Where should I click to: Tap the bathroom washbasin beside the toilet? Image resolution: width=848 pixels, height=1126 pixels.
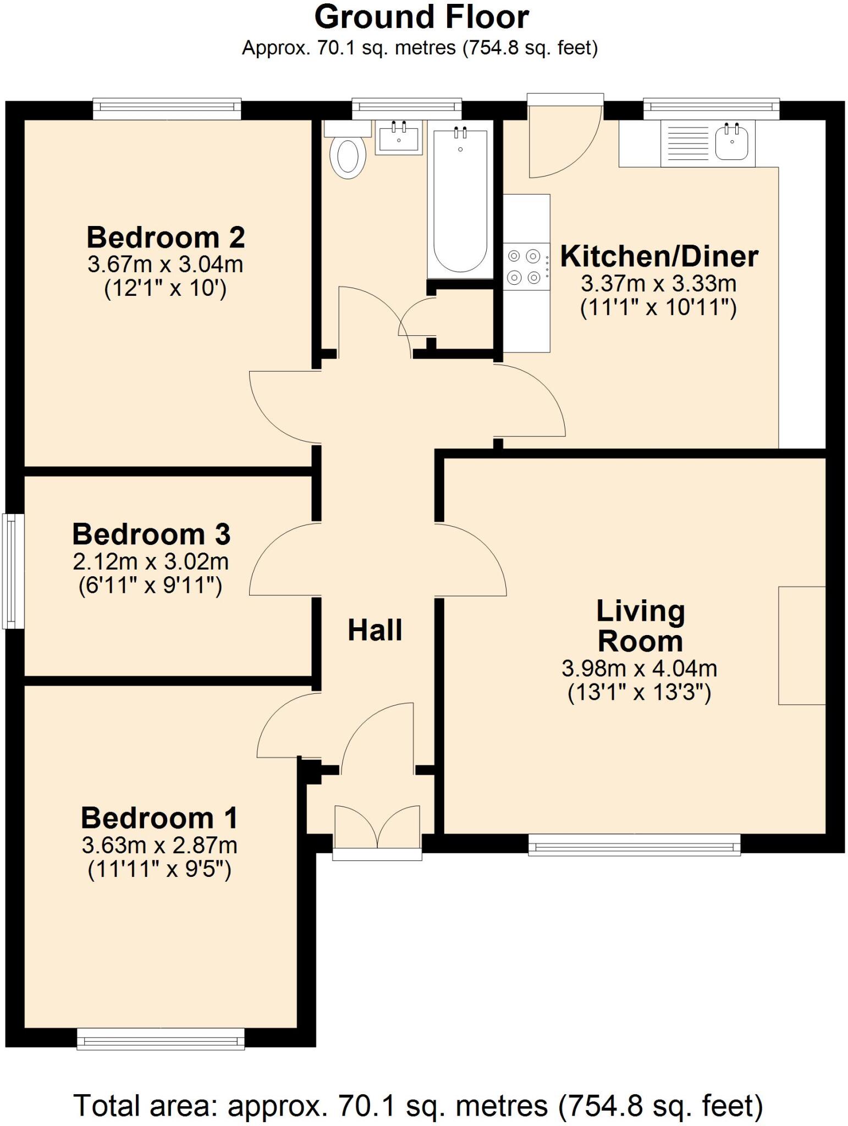399,137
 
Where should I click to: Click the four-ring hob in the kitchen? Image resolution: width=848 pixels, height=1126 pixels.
524,267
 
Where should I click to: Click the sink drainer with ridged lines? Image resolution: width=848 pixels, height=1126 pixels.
687,143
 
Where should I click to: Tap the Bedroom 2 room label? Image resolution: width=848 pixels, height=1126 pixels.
166,238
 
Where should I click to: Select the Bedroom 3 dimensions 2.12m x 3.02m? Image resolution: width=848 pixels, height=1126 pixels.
151,561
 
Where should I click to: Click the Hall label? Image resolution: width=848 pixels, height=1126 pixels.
375,630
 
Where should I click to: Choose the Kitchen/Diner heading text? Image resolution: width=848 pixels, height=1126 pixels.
659,256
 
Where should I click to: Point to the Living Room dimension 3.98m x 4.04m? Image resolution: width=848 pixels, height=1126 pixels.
640,668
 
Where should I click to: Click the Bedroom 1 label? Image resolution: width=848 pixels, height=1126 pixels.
159,818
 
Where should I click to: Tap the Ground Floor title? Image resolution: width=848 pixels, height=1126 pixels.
421,17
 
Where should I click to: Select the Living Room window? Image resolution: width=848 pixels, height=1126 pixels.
634,844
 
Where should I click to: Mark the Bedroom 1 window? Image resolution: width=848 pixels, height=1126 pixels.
161,1039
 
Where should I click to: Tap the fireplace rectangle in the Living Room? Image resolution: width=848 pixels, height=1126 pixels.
802,645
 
